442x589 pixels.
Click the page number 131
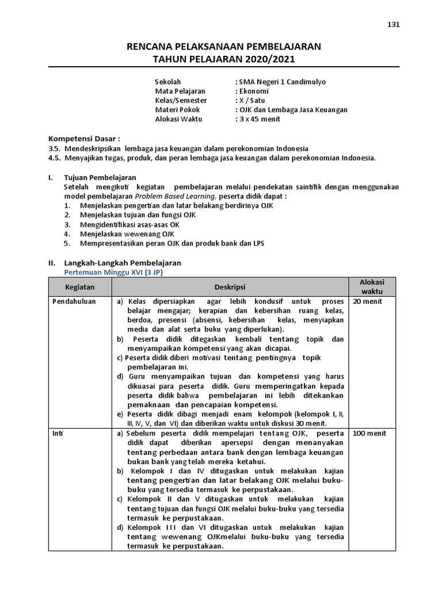[394, 24]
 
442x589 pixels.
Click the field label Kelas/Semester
[181, 100]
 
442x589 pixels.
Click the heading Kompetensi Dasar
[84, 139]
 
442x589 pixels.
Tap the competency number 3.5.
[55, 148]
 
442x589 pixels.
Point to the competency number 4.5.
[55, 158]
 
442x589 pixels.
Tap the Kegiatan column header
[80, 286]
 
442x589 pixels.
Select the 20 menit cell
[367, 301]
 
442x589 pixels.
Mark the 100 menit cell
[369, 433]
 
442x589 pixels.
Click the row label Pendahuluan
[74, 301]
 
